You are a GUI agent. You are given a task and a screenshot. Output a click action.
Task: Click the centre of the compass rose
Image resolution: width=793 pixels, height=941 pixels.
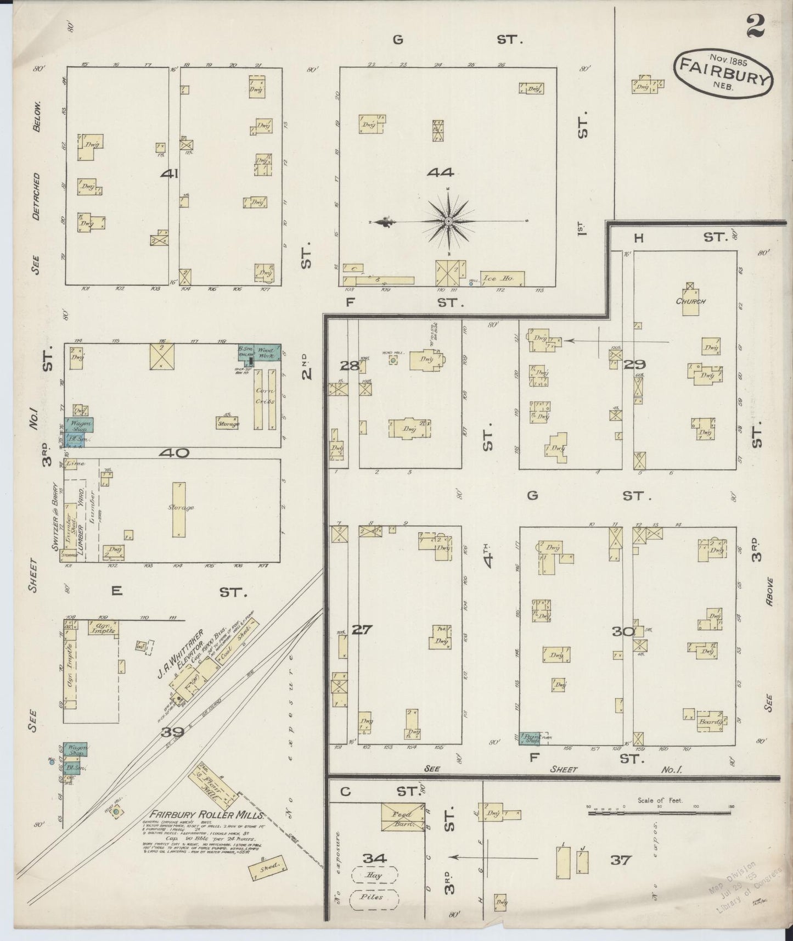448,221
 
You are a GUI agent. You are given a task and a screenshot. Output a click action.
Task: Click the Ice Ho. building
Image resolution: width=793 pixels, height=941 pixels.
502,279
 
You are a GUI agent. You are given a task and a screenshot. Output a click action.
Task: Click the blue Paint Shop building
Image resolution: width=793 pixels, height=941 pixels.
530,738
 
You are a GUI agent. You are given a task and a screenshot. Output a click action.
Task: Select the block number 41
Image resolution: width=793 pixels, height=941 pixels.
169,174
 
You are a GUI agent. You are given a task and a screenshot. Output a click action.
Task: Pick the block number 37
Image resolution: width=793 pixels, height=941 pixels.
621,860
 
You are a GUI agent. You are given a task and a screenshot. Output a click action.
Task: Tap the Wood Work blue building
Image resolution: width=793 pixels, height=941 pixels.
267,352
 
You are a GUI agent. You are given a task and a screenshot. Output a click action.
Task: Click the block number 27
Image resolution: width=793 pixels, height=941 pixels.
362,630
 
